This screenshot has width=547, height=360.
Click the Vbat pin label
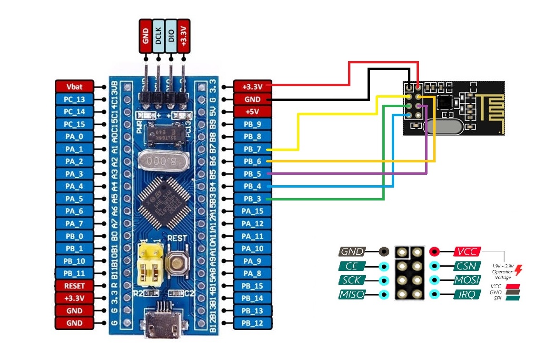74,87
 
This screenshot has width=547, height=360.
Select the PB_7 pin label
252,149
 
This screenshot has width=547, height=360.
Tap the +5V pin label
252,112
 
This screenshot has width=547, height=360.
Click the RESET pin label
74,286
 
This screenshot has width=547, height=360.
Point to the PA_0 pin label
74,137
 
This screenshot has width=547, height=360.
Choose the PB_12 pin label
252,323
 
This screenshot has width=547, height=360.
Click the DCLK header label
159,36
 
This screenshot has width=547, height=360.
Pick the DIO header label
171,36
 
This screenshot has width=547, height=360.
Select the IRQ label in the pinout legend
467,294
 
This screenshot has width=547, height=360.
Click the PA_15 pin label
252,211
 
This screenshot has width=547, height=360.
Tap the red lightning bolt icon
518,270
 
